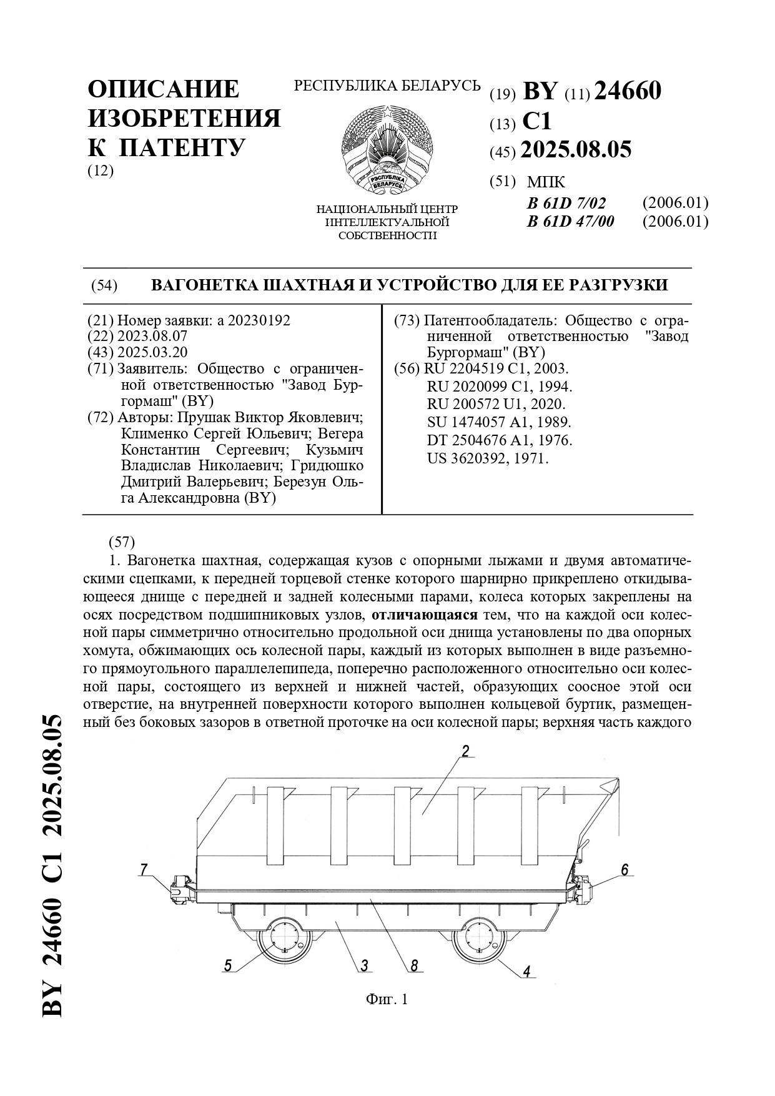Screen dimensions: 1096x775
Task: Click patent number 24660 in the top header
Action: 627,92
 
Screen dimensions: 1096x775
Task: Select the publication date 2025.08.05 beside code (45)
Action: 576,150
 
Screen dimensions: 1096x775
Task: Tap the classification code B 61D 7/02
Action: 566,203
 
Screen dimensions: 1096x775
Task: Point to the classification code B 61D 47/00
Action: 570,222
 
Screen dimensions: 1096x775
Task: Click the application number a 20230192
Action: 254,320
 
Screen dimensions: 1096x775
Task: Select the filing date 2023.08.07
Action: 152,336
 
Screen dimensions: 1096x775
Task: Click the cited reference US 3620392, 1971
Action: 488,458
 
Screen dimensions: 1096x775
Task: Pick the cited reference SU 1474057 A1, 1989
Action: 500,422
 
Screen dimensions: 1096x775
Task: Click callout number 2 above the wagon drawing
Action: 465,751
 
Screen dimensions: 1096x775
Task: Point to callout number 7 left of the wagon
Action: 144,869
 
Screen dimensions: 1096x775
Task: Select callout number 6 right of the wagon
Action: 624,869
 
